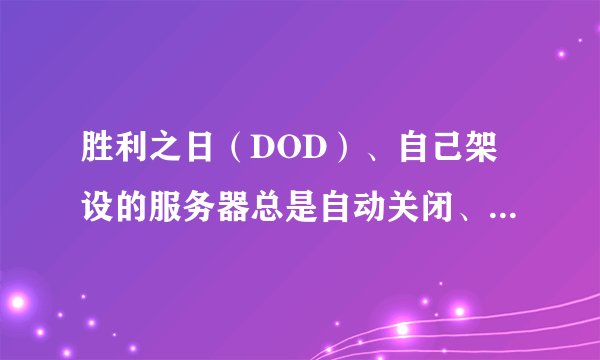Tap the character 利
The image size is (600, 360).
coord(130,153)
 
